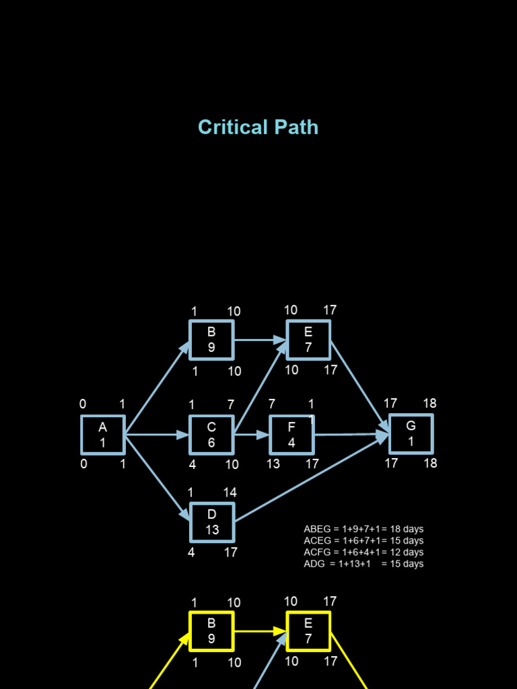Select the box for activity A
[x=103, y=435]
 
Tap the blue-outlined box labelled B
[x=211, y=340]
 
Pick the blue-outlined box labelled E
[x=308, y=340]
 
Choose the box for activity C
[x=211, y=435]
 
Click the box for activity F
[x=291, y=435]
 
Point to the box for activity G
[x=411, y=434]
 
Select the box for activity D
[x=212, y=522]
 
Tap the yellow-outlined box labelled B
[x=211, y=631]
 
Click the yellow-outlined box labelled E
[x=308, y=631]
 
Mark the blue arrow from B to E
[x=260, y=340]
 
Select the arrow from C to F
[x=252, y=435]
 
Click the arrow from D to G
[x=310, y=478]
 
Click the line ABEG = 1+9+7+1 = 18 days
[x=364, y=530]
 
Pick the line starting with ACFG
[x=364, y=552]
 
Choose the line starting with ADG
[x=364, y=564]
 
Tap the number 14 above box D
[x=230, y=493]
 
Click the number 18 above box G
[x=429, y=404]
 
